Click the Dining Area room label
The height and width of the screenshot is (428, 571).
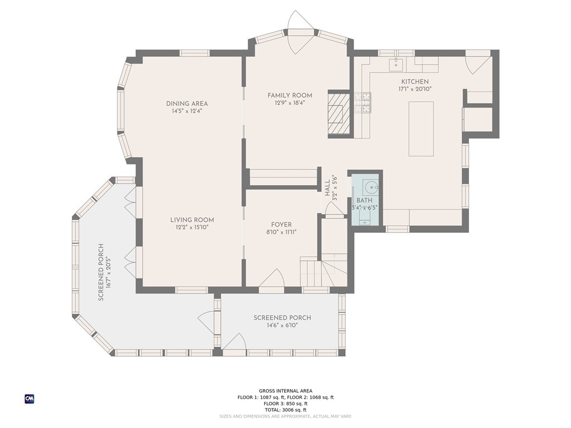coord(187,104)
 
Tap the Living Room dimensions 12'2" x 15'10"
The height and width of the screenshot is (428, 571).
coord(192,227)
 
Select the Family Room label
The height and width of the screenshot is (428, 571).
coord(290,95)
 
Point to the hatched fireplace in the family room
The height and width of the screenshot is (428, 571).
coord(339,114)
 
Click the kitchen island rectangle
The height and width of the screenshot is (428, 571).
coord(421,129)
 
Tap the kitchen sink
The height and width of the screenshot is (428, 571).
coord(396,65)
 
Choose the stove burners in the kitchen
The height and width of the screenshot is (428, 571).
coord(362,103)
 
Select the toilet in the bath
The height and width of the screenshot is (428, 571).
coord(364,218)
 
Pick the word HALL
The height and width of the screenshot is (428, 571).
coord(327,188)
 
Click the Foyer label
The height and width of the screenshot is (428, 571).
coord(281,225)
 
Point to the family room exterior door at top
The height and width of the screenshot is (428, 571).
coord(301,33)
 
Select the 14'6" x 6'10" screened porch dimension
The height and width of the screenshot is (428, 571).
coord(283,325)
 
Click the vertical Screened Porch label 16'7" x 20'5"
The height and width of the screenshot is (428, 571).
coord(104,272)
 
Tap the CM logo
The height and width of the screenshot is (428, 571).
coord(30,399)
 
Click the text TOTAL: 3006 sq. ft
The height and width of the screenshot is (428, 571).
coord(285,410)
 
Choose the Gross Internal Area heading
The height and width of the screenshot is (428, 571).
coord(285,391)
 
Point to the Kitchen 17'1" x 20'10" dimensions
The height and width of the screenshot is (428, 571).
coord(415,89)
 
